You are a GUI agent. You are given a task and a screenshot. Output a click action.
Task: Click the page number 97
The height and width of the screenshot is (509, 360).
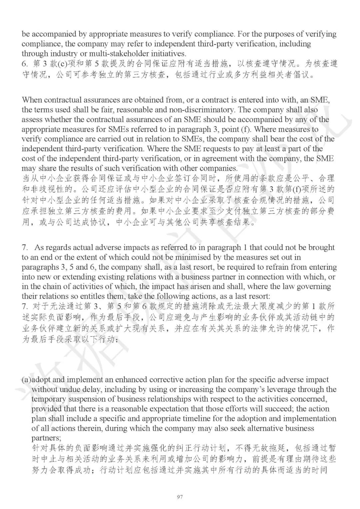point(180,497)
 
